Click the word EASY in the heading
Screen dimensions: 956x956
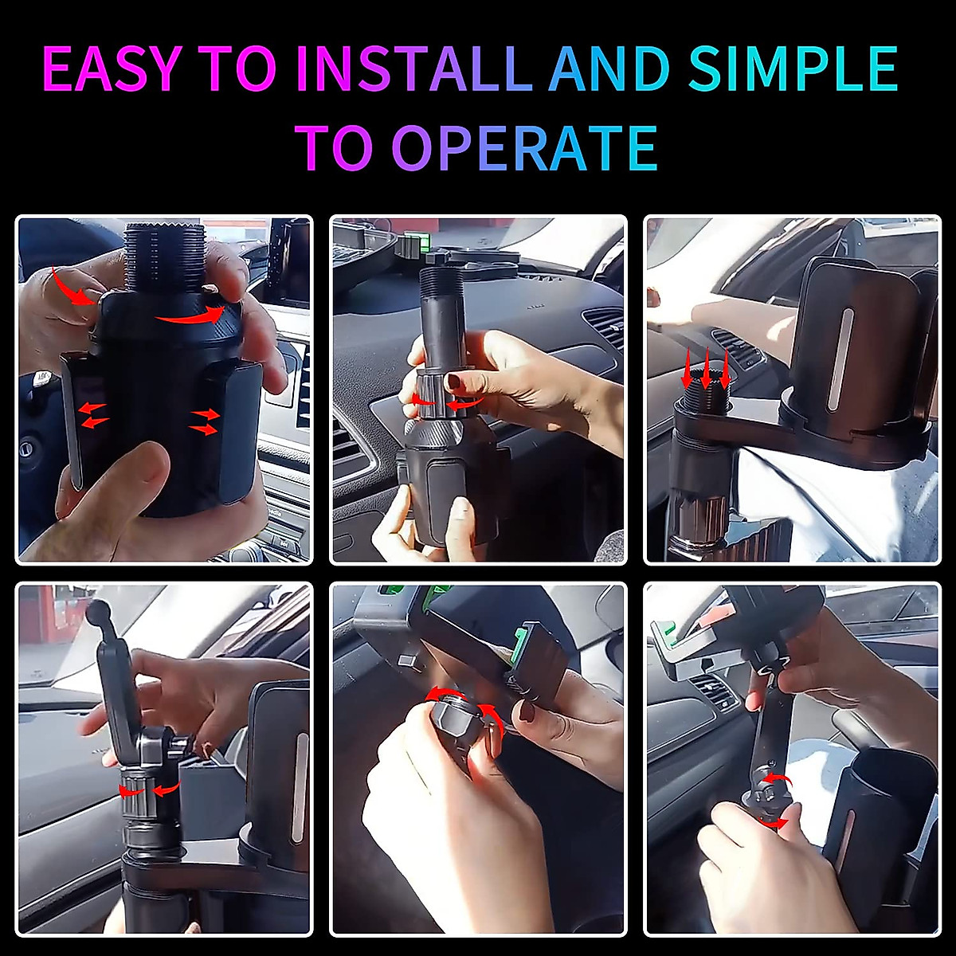coord(111,69)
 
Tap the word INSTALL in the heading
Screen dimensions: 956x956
coord(413,69)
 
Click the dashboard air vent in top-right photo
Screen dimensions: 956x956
coord(731,351)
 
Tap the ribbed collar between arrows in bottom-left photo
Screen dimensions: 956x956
coord(143,789)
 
